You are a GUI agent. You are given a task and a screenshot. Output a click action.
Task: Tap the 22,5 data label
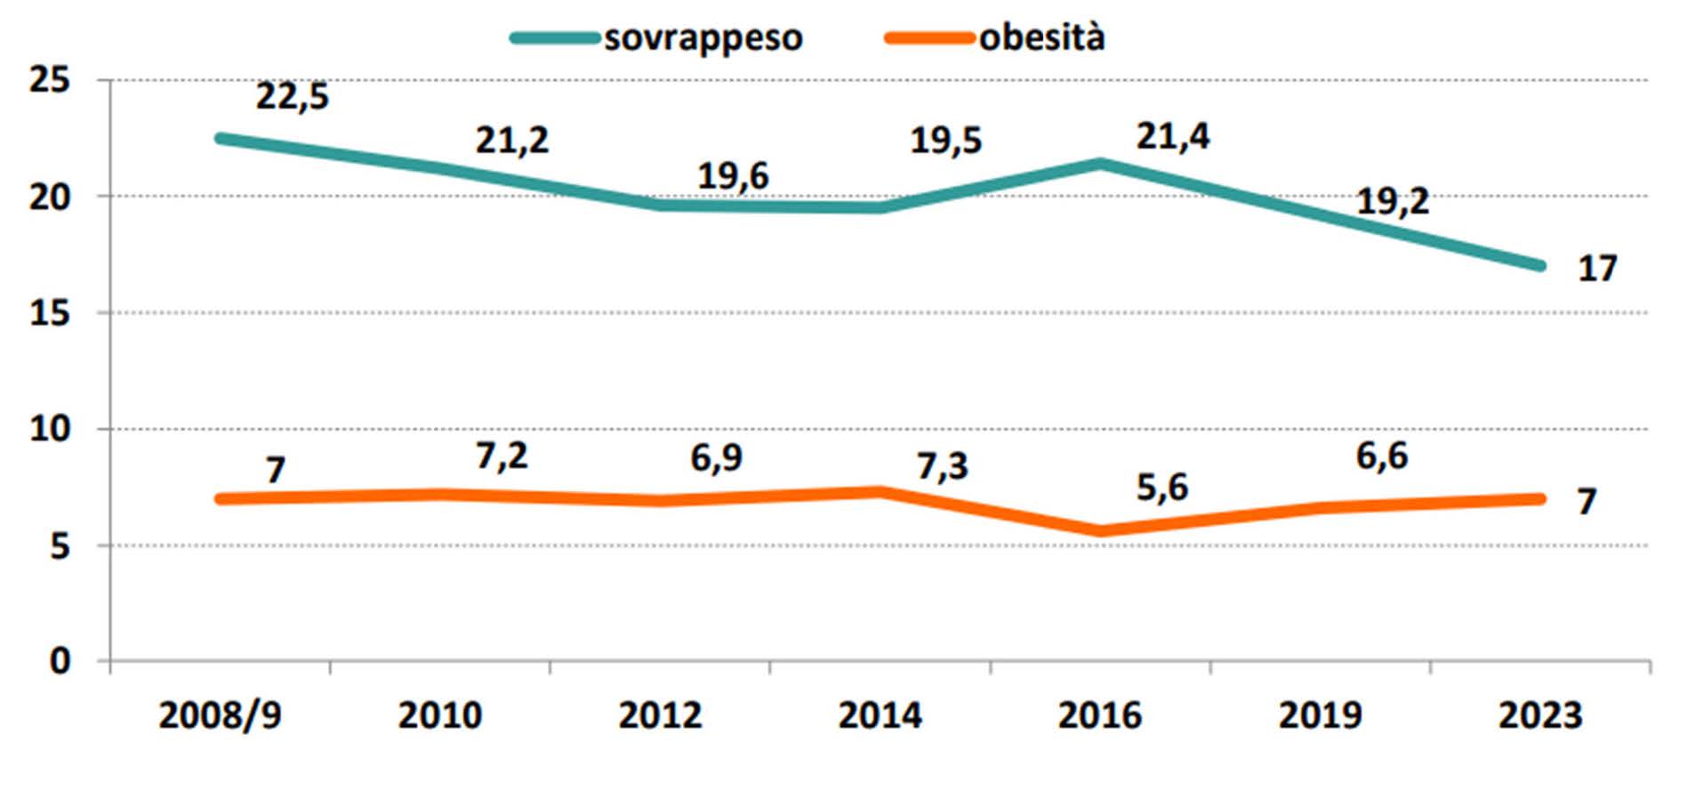click(293, 96)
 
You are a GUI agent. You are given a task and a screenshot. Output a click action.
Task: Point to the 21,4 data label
click(1172, 136)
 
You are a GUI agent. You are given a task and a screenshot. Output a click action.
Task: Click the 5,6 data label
click(1161, 488)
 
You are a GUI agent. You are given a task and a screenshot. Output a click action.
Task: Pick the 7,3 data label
click(942, 466)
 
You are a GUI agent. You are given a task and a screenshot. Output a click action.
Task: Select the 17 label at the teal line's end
click(1596, 269)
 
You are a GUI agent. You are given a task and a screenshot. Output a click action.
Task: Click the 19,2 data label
click(1392, 202)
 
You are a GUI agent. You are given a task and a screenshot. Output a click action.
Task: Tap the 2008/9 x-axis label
click(220, 715)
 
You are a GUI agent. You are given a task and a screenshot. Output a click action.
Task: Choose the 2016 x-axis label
click(1099, 715)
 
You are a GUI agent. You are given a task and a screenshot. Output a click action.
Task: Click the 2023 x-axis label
click(1540, 715)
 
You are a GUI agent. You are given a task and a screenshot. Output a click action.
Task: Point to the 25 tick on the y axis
click(50, 80)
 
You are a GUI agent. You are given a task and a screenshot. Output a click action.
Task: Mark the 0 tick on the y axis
click(60, 661)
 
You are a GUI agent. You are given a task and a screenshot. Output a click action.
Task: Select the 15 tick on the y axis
click(50, 313)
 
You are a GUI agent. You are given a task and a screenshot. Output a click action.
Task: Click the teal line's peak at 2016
click(1101, 164)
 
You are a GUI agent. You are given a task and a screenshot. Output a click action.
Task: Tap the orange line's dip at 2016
click(1101, 531)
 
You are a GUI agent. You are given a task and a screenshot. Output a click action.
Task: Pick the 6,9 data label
click(716, 458)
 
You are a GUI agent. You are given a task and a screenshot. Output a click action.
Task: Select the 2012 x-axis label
click(660, 715)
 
